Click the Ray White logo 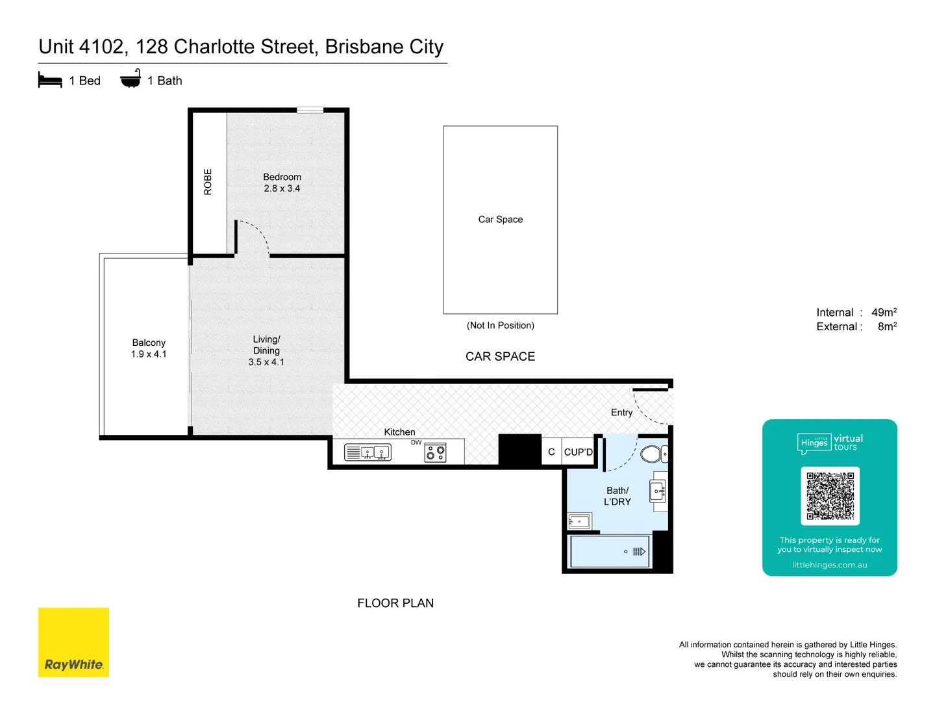[73, 642]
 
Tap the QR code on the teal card [830, 495]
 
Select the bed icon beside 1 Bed [50, 81]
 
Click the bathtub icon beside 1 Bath [131, 79]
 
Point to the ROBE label [208, 182]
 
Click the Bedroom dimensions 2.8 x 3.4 [282, 188]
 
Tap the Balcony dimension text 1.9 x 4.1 [149, 354]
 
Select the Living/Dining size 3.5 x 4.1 [266, 362]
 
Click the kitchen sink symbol [368, 452]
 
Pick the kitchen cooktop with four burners [435, 452]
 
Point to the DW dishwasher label [416, 443]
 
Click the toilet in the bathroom [653, 454]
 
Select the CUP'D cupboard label [578, 452]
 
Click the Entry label [621, 413]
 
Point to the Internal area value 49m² [884, 313]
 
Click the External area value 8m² [887, 327]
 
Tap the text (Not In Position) [500, 326]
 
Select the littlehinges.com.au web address [829, 565]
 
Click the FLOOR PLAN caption [395, 603]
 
